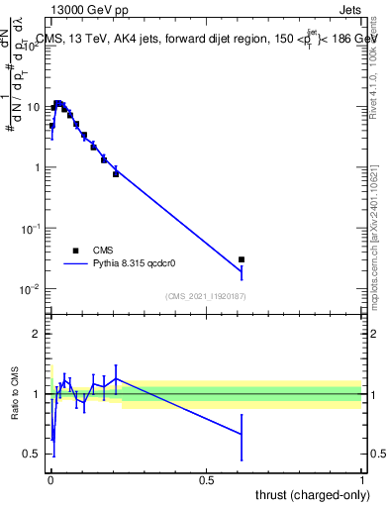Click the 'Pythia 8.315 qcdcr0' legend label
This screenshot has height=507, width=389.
[x=134, y=264]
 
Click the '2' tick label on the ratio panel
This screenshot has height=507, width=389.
[x=38, y=334]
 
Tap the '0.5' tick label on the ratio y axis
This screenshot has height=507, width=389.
[x=33, y=455]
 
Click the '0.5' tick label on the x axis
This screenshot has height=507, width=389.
[x=206, y=480]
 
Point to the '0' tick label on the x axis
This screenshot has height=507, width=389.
[x=50, y=480]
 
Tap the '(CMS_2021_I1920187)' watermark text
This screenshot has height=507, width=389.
[x=206, y=295]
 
